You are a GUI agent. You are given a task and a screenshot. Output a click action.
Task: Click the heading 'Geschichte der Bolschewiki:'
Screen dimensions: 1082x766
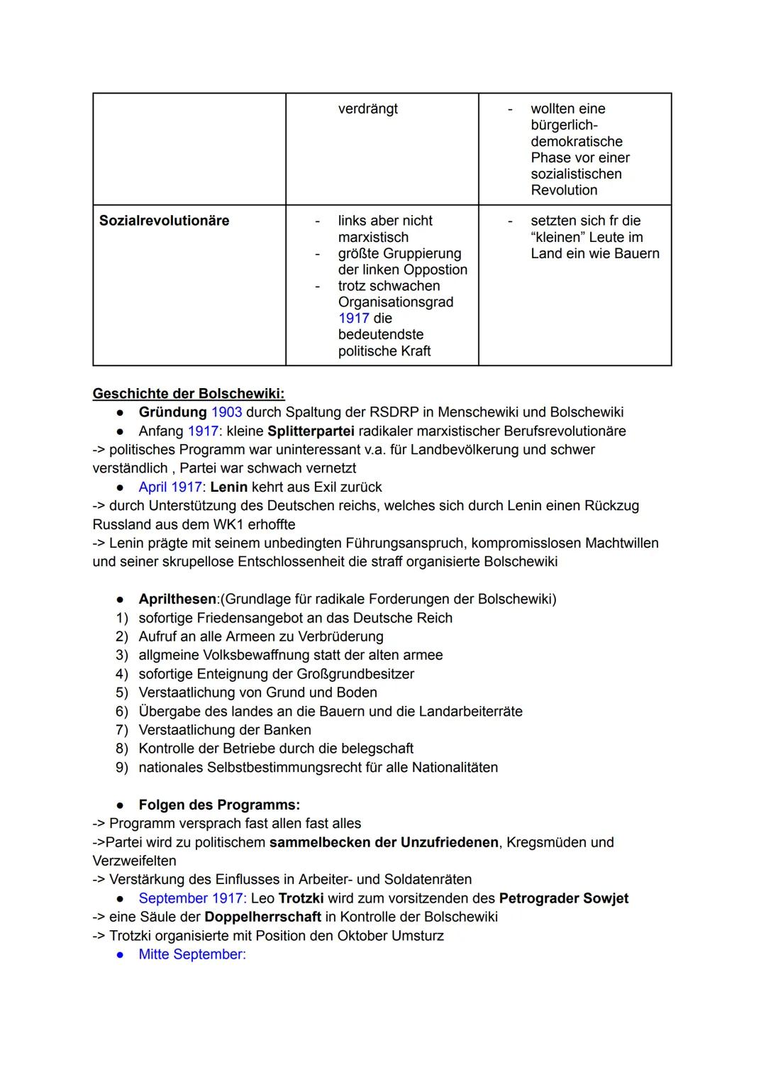point(189,394)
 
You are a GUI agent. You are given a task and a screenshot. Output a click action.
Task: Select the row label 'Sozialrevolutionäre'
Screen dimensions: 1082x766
point(165,221)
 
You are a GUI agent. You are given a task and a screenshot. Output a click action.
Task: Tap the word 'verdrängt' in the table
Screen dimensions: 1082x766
point(367,109)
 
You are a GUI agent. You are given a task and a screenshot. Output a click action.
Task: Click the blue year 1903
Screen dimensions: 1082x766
point(226,412)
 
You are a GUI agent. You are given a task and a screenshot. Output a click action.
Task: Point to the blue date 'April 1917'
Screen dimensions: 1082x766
point(170,487)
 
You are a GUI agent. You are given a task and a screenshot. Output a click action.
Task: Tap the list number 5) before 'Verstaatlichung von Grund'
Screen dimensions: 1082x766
point(122,692)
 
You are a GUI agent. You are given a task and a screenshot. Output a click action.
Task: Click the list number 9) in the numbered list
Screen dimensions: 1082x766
point(122,768)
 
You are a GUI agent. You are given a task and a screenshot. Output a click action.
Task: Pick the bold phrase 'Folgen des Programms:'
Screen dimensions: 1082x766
point(219,805)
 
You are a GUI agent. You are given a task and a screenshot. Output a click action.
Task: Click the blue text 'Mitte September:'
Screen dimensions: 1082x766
point(192,954)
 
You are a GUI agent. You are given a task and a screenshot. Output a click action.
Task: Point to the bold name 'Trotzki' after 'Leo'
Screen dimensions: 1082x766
point(301,898)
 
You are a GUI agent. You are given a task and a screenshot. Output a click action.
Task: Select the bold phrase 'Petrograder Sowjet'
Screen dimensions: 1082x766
point(564,898)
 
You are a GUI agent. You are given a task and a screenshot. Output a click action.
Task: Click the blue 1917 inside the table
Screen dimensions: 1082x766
point(353,319)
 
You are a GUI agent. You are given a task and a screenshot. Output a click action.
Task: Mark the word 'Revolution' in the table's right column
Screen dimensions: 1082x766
point(564,190)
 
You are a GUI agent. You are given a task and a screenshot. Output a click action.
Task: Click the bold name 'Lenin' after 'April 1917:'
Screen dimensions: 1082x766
point(228,487)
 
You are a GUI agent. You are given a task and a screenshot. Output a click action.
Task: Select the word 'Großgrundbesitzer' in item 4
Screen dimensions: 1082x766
point(353,674)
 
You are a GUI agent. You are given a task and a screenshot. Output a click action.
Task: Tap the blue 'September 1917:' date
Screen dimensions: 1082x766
point(192,898)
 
